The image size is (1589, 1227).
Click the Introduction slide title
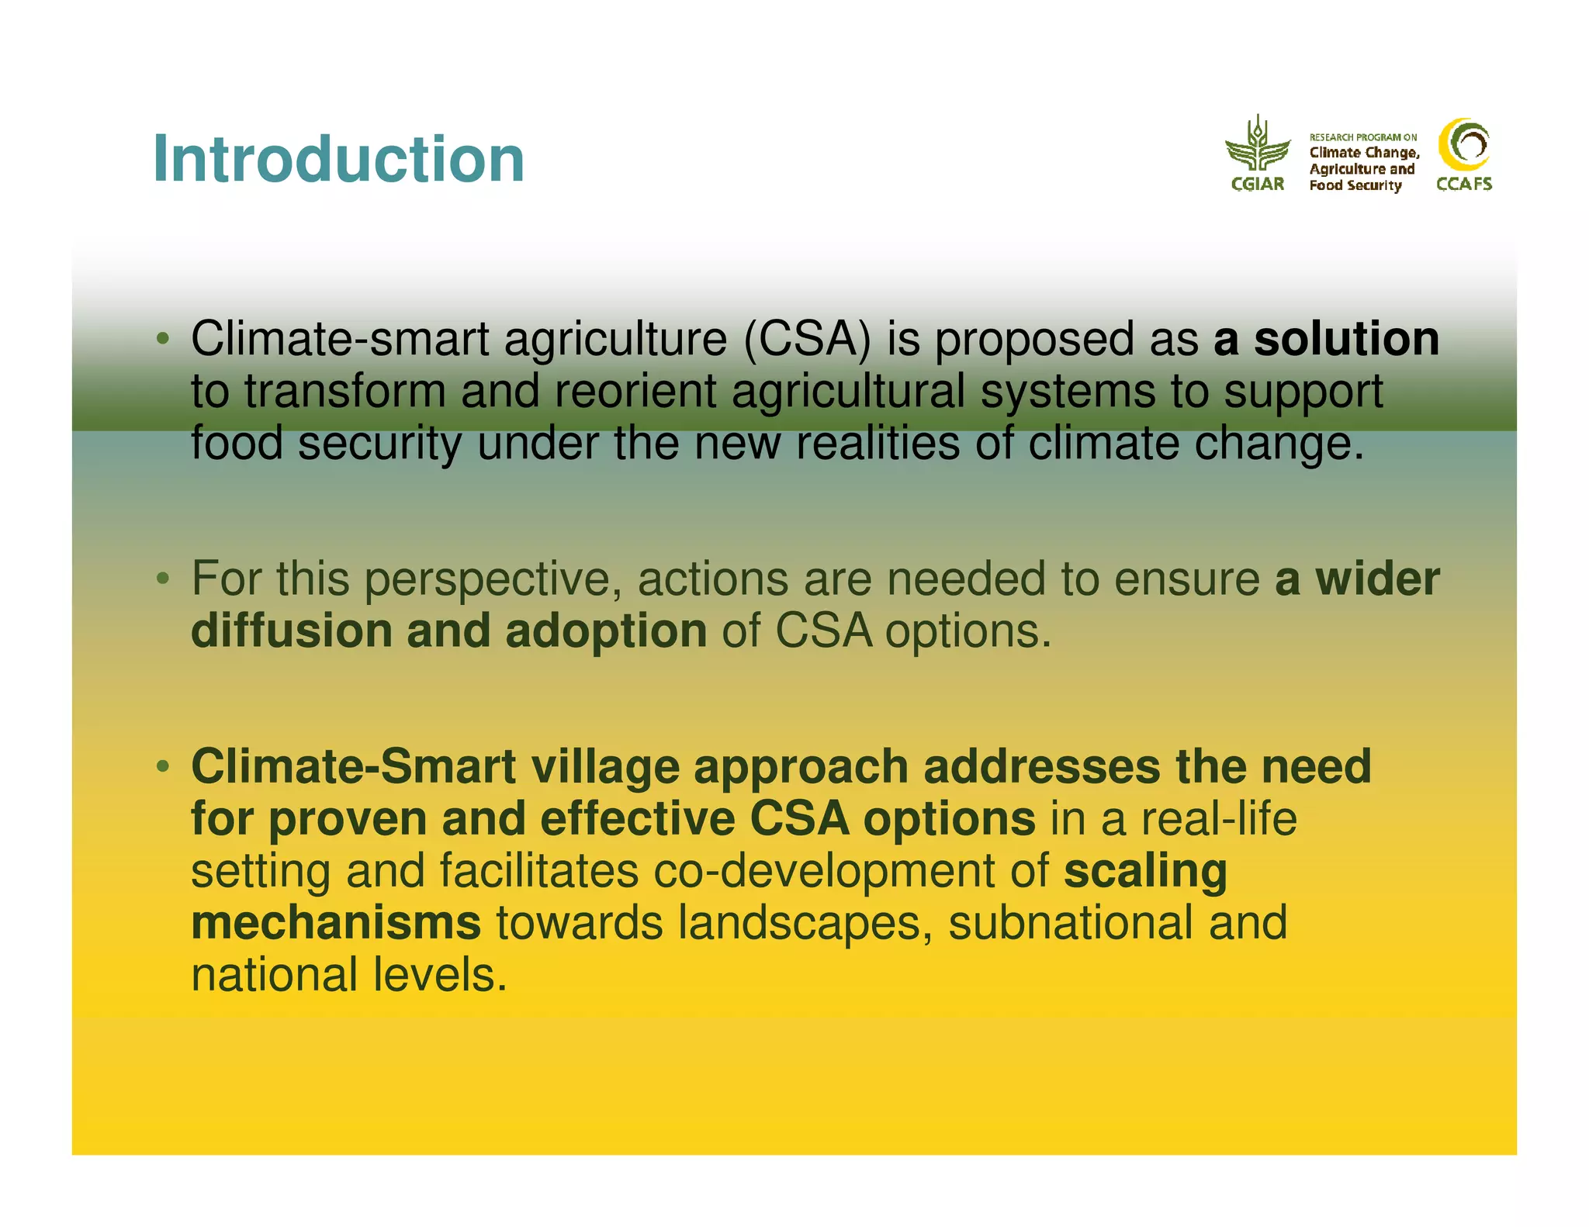[338, 159]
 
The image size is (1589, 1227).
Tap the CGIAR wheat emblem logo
[1257, 146]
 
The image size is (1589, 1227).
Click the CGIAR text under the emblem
[1257, 184]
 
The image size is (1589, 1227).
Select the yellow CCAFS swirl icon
[1463, 144]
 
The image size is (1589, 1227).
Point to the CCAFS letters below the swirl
[1463, 184]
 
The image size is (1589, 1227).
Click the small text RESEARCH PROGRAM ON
[1362, 137]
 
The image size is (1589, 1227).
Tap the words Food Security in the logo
[1355, 185]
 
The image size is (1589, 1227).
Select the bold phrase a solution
[1326, 339]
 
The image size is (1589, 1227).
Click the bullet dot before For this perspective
[162, 579]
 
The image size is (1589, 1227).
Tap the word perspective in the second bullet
[492, 580]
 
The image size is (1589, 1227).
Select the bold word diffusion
[291, 631]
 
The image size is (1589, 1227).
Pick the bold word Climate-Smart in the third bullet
[353, 767]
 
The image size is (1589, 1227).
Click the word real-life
[1218, 819]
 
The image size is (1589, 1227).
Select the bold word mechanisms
[336, 923]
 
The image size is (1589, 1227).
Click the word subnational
[1070, 923]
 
